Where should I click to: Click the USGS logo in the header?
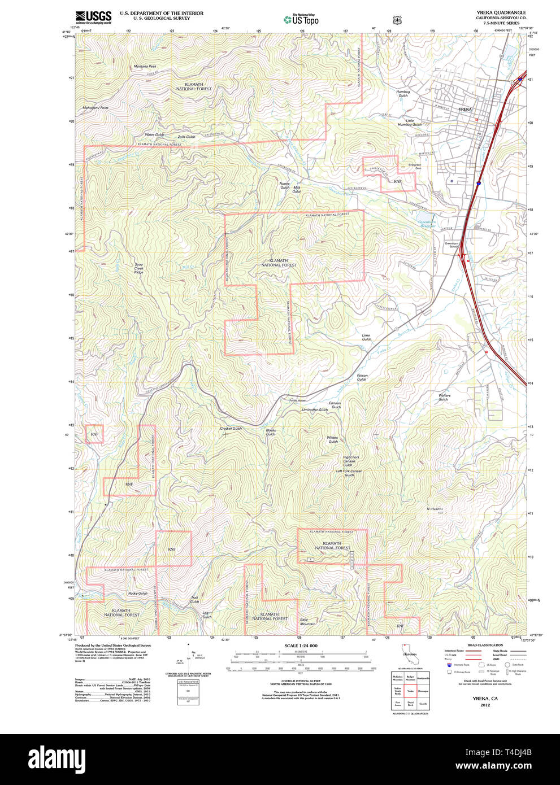[93, 16]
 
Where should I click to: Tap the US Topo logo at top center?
[301, 20]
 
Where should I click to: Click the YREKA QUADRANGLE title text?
[501, 12]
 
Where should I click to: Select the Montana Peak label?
[145, 67]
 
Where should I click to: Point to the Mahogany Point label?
[95, 108]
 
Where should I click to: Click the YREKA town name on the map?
[465, 109]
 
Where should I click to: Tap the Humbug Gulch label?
[403, 93]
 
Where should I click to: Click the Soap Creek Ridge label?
[138, 268]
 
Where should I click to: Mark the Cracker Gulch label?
[231, 429]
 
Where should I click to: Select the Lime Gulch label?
[366, 337]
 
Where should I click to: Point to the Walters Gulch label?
[444, 397]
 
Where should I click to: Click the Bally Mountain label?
[307, 621]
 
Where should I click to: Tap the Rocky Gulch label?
[137, 594]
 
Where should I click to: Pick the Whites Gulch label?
[332, 439]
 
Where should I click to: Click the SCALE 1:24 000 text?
[301, 646]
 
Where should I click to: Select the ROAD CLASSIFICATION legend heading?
[485, 645]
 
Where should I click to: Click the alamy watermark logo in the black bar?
[57, 758]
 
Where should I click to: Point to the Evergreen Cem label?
[415, 167]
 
